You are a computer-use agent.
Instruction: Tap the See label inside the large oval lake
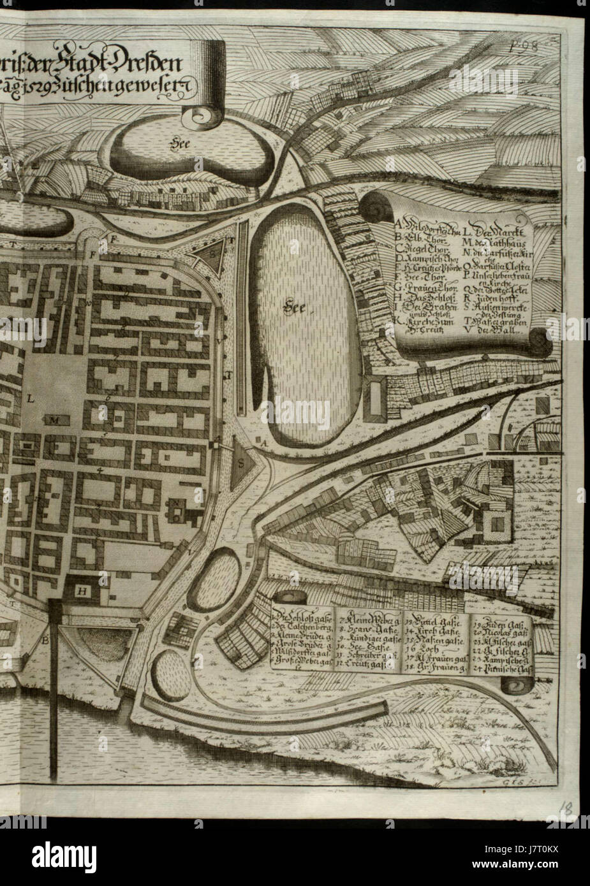[295, 309]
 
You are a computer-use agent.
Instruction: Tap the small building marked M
[55, 420]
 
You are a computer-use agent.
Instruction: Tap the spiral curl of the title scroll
[204, 116]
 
